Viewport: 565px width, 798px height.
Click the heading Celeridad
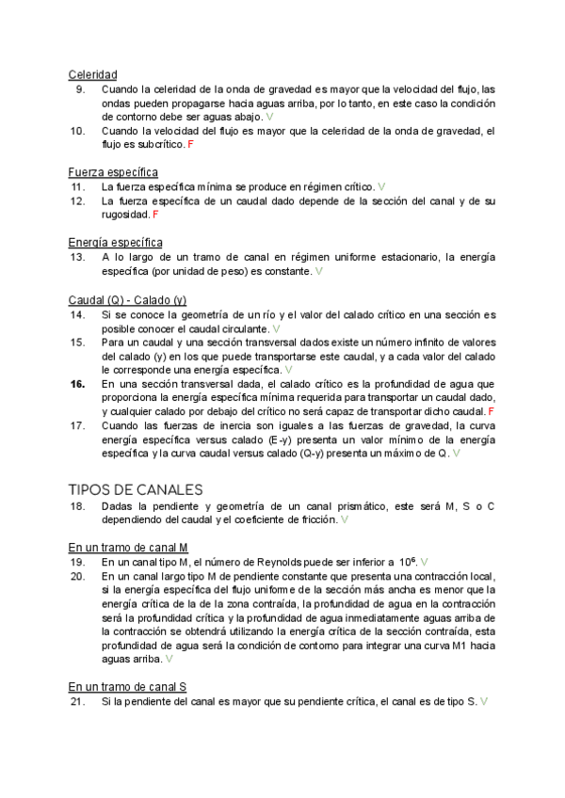pos(92,73)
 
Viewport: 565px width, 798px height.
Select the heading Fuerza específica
pos(113,172)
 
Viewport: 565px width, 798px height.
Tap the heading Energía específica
pos(115,242)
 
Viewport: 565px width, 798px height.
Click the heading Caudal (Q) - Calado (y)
pos(127,299)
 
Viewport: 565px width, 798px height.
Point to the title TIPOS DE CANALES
pos(136,489)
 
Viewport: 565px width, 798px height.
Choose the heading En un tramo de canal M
pos(128,547)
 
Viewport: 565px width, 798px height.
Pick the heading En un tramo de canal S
pos(127,688)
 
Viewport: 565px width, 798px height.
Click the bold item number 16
pos(77,384)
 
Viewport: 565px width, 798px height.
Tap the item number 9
pos(80,88)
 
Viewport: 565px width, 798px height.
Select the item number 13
pos(77,256)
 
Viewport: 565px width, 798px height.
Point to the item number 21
pos(77,702)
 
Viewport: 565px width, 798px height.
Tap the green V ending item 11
pos(381,186)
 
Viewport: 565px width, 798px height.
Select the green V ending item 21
pos(483,702)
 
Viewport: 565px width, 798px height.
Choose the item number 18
pos(77,505)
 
